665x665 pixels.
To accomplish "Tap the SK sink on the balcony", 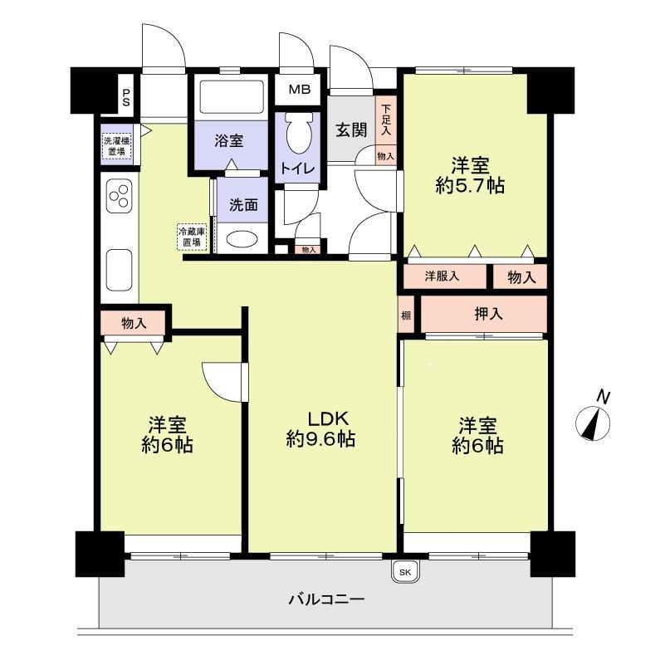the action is pyautogui.click(x=405, y=572).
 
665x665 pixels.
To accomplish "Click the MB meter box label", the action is pyautogui.click(x=300, y=90).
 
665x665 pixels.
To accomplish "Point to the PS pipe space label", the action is pyautogui.click(x=126, y=97).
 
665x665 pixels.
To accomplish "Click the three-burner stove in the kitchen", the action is pyautogui.click(x=120, y=196).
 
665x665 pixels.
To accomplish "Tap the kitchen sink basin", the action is pyautogui.click(x=120, y=270).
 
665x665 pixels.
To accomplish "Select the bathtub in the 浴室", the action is pyautogui.click(x=231, y=97).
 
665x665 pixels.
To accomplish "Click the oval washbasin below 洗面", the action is pyautogui.click(x=242, y=240).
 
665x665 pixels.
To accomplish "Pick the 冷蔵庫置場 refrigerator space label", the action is pyautogui.click(x=192, y=237).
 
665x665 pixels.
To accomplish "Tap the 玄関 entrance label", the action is pyautogui.click(x=351, y=130).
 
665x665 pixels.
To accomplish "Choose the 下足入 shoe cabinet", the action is pyautogui.click(x=385, y=120).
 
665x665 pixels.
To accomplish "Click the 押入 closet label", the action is pyautogui.click(x=488, y=314).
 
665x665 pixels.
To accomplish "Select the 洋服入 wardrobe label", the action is pyautogui.click(x=442, y=276).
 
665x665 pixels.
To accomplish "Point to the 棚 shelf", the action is pyautogui.click(x=406, y=315).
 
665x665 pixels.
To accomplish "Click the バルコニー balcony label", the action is pyautogui.click(x=326, y=599).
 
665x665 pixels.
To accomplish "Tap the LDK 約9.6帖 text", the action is pyautogui.click(x=321, y=428).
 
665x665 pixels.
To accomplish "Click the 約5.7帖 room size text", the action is pyautogui.click(x=471, y=186).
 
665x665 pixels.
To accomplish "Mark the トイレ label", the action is pyautogui.click(x=298, y=169).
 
